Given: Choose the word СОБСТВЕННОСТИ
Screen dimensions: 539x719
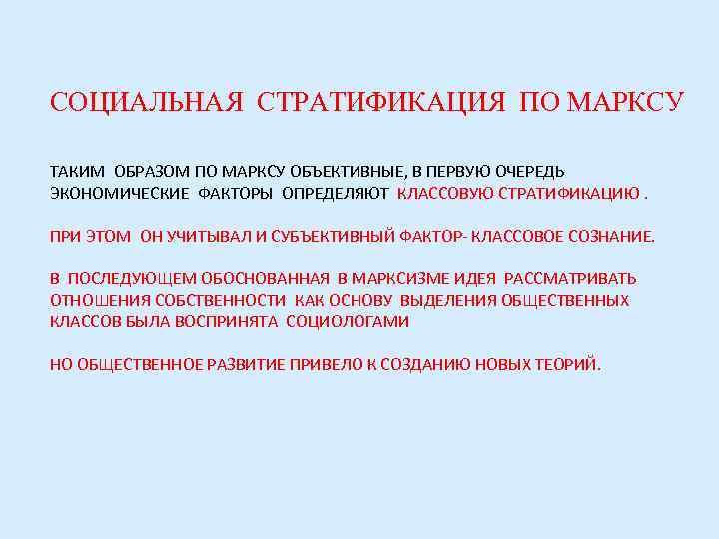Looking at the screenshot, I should [x=225, y=300].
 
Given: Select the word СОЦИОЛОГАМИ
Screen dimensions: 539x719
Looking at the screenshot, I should [x=348, y=322].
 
